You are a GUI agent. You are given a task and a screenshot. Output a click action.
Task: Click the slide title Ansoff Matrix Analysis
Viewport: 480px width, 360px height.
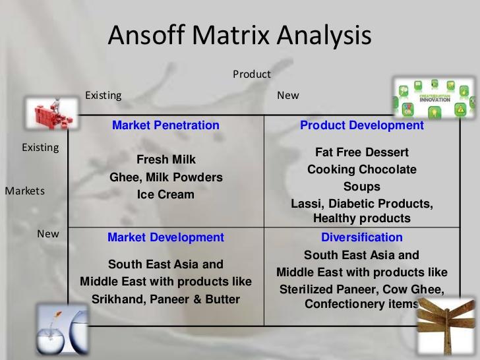pyautogui.click(x=239, y=35)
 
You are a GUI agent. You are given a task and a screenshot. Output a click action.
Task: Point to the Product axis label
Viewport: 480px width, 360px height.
pyautogui.click(x=251, y=74)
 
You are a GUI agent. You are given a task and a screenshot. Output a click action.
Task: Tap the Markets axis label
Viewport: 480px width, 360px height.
pyautogui.click(x=25, y=191)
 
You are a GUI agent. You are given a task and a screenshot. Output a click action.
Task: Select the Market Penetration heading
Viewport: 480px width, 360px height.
pyautogui.click(x=165, y=125)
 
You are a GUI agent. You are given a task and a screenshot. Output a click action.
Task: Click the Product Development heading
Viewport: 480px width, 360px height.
pyautogui.click(x=362, y=125)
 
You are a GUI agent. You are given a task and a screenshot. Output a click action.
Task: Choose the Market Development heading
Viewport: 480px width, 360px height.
pyautogui.click(x=165, y=237)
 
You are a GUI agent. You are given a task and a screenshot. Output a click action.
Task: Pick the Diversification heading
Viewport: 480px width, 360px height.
pyautogui.click(x=361, y=237)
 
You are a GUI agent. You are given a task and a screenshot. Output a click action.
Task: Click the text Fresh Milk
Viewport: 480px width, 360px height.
pyautogui.click(x=166, y=160)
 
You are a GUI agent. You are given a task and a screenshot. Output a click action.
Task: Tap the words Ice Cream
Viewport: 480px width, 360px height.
pyautogui.click(x=166, y=195)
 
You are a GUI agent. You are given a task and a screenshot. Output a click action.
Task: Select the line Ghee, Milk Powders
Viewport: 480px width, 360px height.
pyautogui.click(x=166, y=177)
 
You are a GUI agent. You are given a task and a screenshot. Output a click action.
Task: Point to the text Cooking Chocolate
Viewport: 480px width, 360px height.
pyautogui.click(x=362, y=169)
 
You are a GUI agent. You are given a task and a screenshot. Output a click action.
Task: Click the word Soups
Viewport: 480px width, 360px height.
pyautogui.click(x=362, y=187)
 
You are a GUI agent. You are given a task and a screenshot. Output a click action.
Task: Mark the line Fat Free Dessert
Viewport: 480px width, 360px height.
pyautogui.click(x=362, y=152)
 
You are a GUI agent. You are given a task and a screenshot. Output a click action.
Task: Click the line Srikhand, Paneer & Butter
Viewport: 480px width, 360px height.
pyautogui.click(x=165, y=299)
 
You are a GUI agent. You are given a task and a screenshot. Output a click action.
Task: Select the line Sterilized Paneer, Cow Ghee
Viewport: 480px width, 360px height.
pyautogui.click(x=362, y=289)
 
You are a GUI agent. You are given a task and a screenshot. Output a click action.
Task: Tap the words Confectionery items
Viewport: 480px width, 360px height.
pyautogui.click(x=361, y=304)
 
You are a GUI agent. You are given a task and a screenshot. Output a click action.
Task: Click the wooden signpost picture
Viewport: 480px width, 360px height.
pyautogui.click(x=448, y=330)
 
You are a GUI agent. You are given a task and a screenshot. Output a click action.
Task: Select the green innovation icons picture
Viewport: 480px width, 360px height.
pyautogui.click(x=433, y=98)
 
